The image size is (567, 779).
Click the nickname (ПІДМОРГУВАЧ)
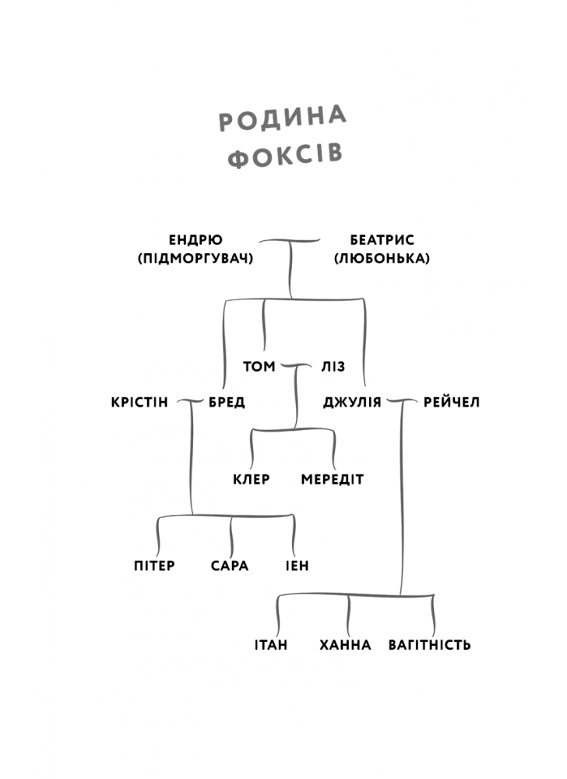point(195,258)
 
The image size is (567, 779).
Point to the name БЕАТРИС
point(382,240)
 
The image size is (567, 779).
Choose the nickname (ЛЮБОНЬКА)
point(382,258)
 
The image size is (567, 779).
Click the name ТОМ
point(259,365)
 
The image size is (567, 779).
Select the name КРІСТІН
point(139,403)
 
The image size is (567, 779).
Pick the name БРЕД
point(227,403)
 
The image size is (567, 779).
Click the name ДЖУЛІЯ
point(352,403)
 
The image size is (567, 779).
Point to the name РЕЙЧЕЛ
point(452,403)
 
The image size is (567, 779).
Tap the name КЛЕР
point(251,479)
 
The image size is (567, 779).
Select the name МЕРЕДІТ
point(333,479)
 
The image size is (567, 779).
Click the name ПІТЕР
point(154,566)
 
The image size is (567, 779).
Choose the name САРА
point(230,566)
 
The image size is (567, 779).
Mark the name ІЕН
point(297,566)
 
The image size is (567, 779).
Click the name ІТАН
point(271,645)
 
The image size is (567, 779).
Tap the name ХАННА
point(345,645)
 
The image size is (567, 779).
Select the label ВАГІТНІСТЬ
point(430,645)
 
